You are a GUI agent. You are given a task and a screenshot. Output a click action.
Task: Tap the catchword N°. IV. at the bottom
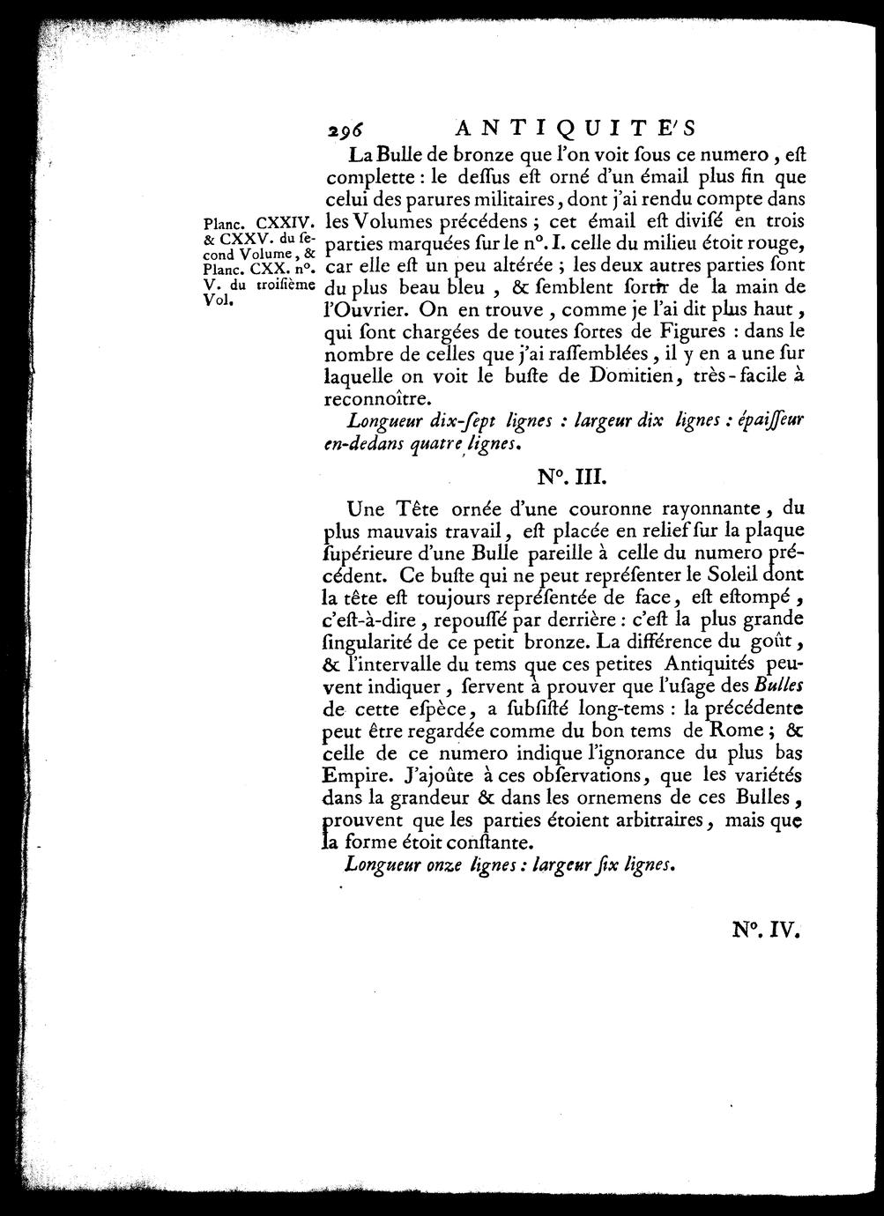click(763, 930)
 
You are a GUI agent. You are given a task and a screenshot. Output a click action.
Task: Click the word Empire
click(349, 775)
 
